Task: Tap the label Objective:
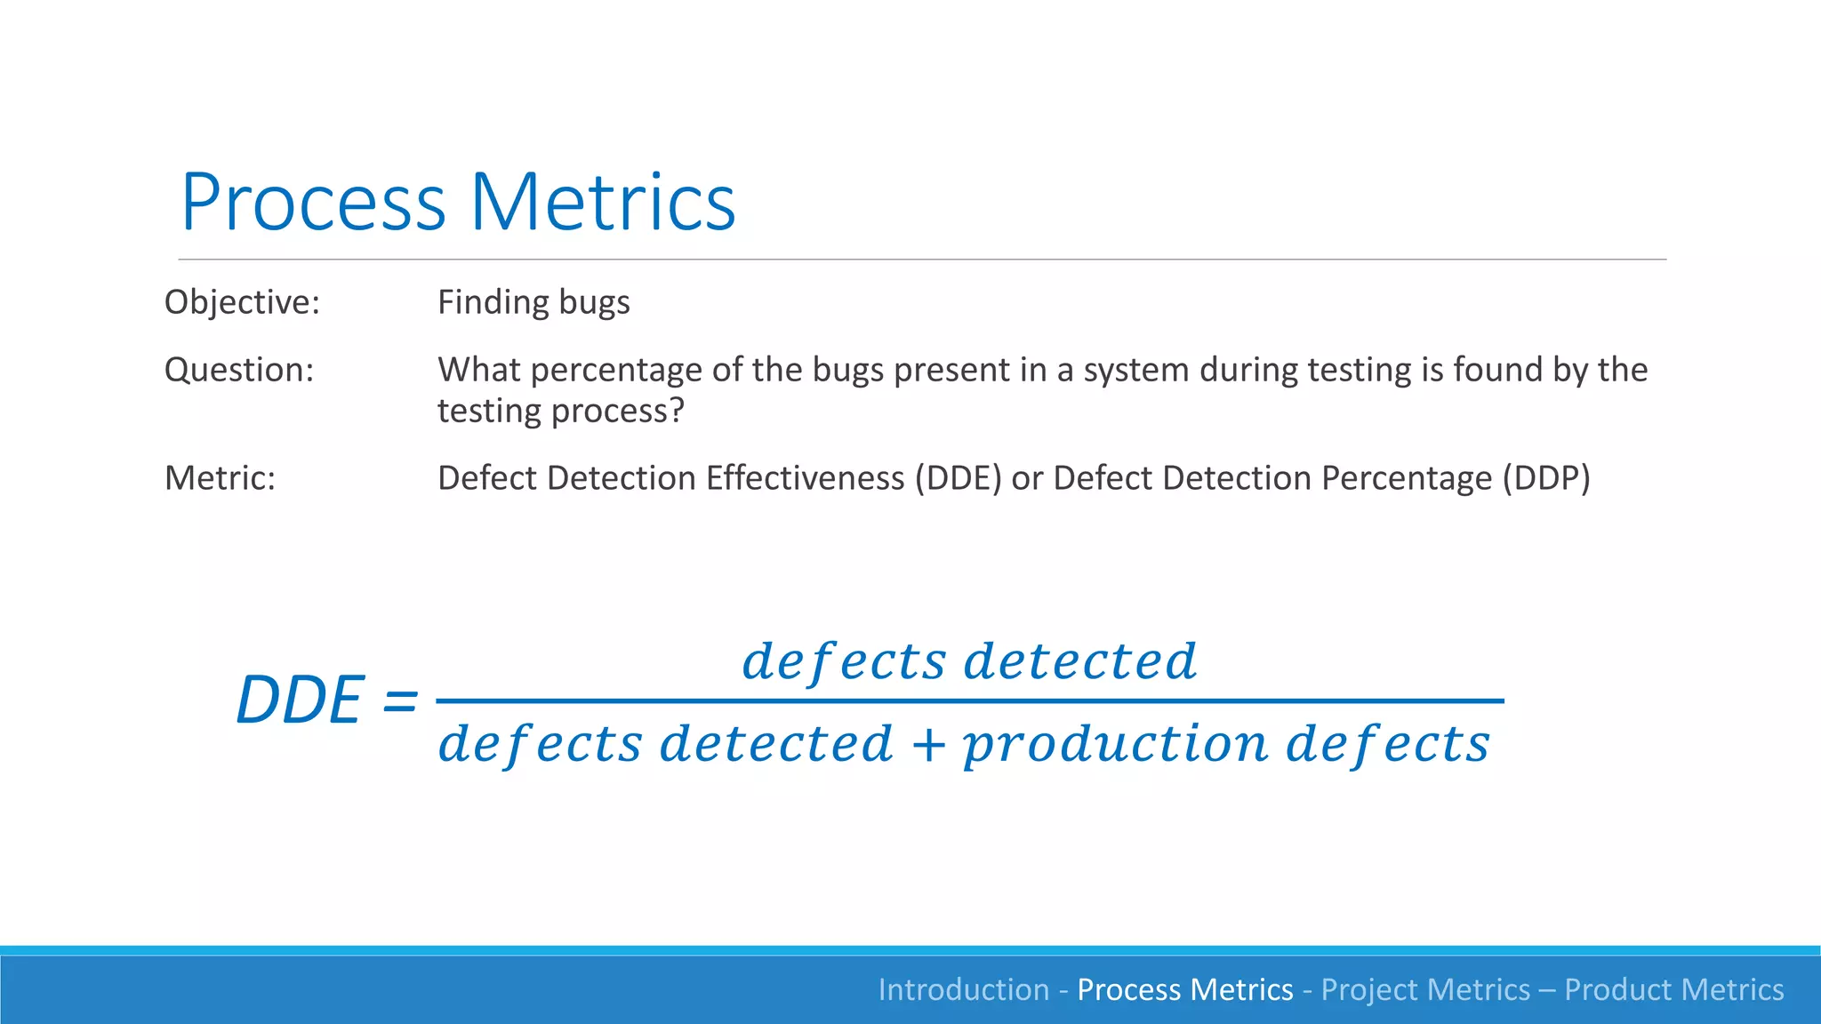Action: pyautogui.click(x=242, y=302)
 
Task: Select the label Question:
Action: pyautogui.click(x=239, y=370)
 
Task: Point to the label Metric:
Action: pyautogui.click(x=220, y=478)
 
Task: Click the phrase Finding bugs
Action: pyautogui.click(x=533, y=302)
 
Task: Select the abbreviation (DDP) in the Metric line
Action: pyautogui.click(x=1546, y=478)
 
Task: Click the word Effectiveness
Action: pyautogui.click(x=806, y=478)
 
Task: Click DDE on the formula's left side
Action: pyautogui.click(x=300, y=700)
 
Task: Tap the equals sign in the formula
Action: pyautogui.click(x=399, y=700)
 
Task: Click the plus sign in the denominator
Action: pyautogui.click(x=927, y=744)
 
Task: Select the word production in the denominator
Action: pyautogui.click(x=1115, y=744)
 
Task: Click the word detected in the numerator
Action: pyautogui.click(x=1080, y=662)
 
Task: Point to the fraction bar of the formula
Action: pyautogui.click(x=969, y=701)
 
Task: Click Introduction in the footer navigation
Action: pyautogui.click(x=964, y=989)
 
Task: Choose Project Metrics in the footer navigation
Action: pyautogui.click(x=1425, y=989)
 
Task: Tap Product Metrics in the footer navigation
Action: pyautogui.click(x=1673, y=989)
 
